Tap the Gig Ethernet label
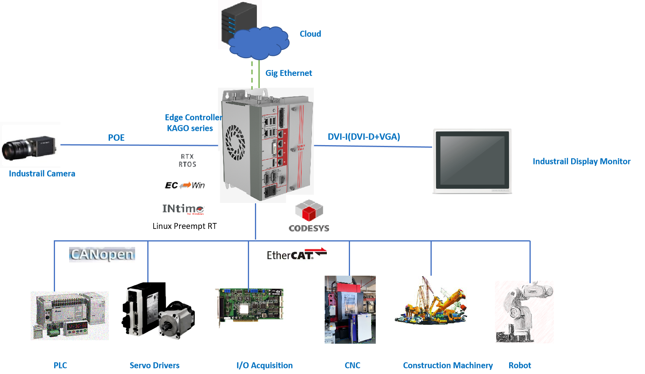(289, 73)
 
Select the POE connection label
(116, 138)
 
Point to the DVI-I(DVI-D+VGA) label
(364, 137)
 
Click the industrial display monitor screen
(472, 161)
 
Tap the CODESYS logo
(310, 215)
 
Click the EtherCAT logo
(297, 255)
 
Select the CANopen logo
(102, 254)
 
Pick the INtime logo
(183, 208)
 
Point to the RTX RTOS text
(187, 160)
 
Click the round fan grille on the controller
(235, 142)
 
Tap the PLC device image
(70, 315)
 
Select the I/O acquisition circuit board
(250, 307)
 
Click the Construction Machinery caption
(448, 365)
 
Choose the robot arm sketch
(524, 311)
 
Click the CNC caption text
(352, 365)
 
